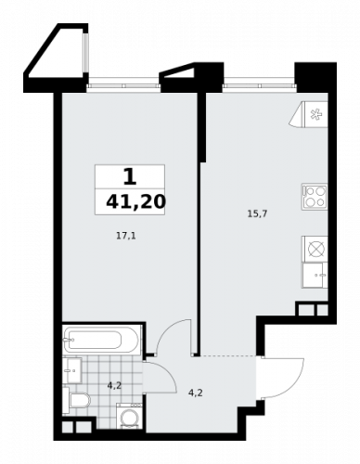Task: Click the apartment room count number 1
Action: coord(130,175)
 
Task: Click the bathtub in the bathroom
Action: coord(102,341)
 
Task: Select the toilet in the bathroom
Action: coord(80,402)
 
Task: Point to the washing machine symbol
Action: coord(131,419)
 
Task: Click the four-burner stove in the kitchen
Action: coord(314,197)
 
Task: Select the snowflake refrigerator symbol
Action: coord(313,116)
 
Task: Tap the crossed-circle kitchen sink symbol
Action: coord(314,249)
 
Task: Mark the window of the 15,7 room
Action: coord(254,88)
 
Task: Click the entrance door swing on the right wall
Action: coord(277,378)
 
